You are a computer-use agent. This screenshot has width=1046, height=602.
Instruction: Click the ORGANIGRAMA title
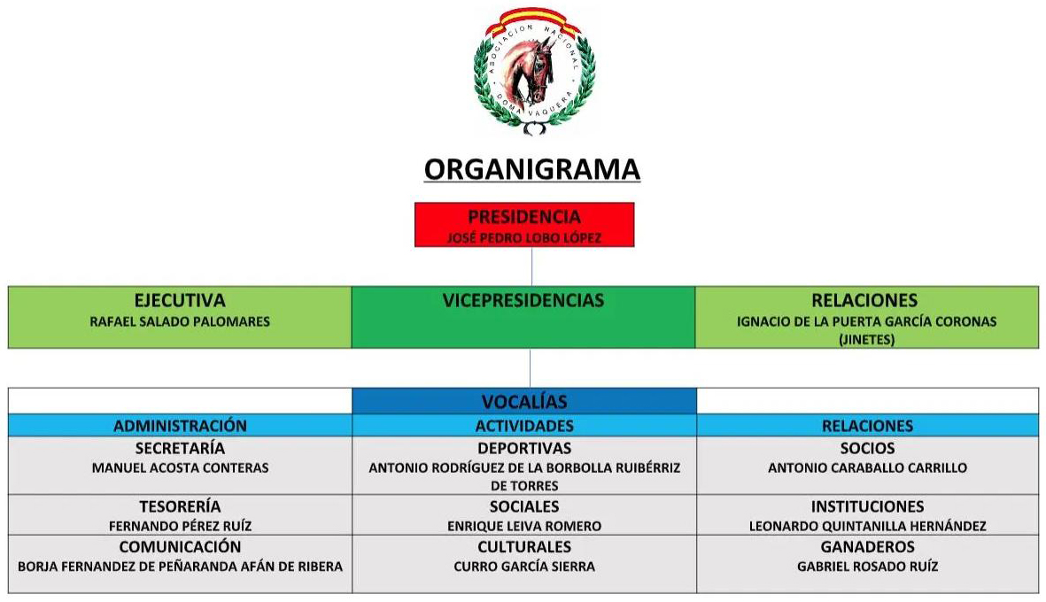click(531, 169)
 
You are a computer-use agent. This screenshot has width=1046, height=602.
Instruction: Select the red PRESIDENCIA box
click(524, 225)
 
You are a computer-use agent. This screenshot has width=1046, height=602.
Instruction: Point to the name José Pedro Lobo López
click(524, 238)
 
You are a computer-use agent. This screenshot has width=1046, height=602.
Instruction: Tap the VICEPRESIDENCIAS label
click(523, 301)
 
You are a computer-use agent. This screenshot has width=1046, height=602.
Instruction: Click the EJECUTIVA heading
click(180, 301)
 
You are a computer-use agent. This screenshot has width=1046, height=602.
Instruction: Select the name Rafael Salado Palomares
click(180, 321)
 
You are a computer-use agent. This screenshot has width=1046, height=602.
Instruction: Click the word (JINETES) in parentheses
click(866, 339)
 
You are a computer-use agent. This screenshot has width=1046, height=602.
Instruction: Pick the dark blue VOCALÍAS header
click(524, 401)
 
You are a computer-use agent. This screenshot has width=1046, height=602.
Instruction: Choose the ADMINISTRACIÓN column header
click(180, 425)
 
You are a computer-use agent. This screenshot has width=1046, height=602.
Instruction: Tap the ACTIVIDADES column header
click(524, 425)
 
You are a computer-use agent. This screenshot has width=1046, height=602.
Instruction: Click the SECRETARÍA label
click(180, 448)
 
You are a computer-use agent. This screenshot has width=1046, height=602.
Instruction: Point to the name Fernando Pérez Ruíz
click(180, 526)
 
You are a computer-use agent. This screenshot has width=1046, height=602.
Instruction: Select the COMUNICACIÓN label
click(180, 546)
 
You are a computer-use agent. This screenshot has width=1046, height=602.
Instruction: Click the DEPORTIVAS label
click(524, 448)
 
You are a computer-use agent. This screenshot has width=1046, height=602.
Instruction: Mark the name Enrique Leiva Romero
click(524, 526)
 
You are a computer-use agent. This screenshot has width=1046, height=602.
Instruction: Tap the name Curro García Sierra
click(524, 566)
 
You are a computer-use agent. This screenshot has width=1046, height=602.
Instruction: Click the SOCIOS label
click(867, 448)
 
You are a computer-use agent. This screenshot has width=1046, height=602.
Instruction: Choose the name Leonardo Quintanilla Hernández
click(867, 526)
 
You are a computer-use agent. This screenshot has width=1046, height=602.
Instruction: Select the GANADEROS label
click(867, 546)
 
